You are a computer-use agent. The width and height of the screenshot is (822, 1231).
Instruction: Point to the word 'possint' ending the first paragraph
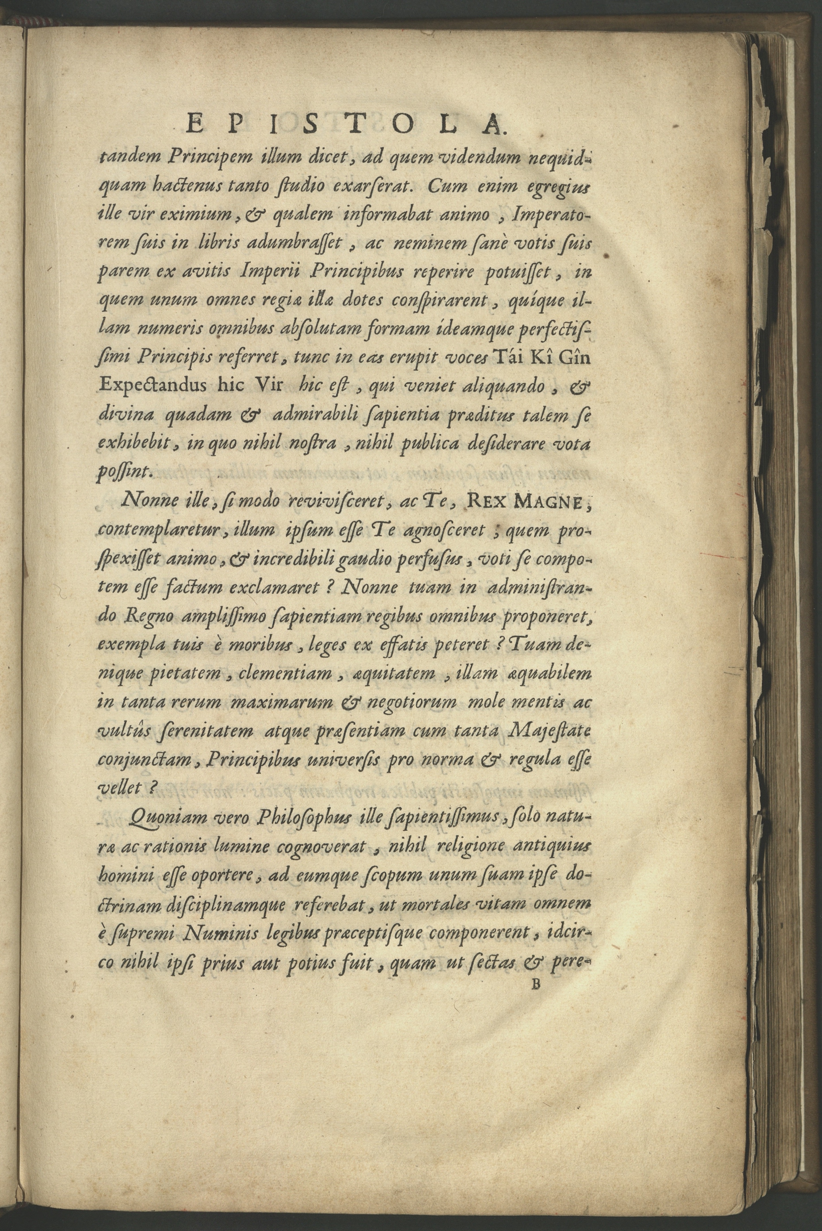[125, 472]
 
